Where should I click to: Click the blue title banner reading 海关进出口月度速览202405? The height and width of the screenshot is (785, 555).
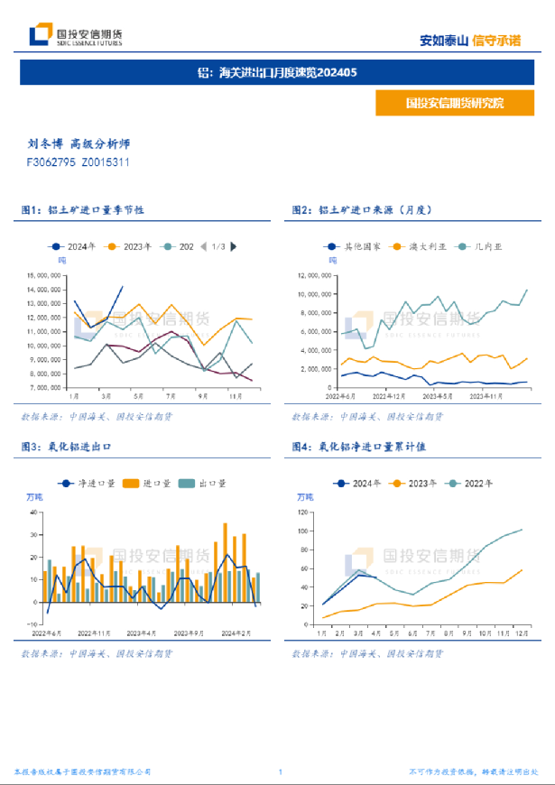click(277, 72)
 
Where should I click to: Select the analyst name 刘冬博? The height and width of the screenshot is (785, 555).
click(44, 143)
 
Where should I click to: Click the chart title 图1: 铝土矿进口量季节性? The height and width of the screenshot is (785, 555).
click(83, 209)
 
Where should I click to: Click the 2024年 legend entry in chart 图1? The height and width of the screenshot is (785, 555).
click(75, 246)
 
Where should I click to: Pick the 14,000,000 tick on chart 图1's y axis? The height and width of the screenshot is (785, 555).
click(44, 290)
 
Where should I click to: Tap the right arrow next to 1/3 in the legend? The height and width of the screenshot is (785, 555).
click(234, 246)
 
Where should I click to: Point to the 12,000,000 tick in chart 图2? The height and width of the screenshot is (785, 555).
click(315, 275)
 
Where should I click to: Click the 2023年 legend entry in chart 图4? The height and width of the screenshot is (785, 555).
click(413, 484)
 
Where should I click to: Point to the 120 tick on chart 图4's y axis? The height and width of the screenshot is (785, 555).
click(302, 511)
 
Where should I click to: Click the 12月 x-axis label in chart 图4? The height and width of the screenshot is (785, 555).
click(521, 635)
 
